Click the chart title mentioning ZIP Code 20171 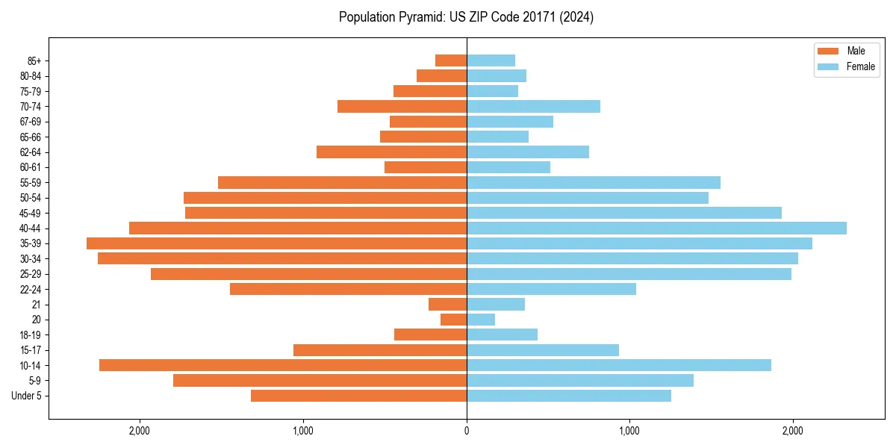pyautogui.click(x=466, y=17)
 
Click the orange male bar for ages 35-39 pyautogui.click(x=276, y=243)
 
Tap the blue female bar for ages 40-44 pyautogui.click(x=656, y=228)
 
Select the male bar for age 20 pyautogui.click(x=453, y=320)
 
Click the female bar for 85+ pyautogui.click(x=491, y=60)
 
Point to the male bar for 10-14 pyautogui.click(x=283, y=365)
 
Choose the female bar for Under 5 pyautogui.click(x=569, y=396)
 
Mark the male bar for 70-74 pyautogui.click(x=402, y=106)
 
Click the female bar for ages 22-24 pyautogui.click(x=551, y=289)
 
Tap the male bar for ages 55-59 pyautogui.click(x=342, y=182)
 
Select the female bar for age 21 pyautogui.click(x=496, y=304)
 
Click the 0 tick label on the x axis pyautogui.click(x=467, y=430)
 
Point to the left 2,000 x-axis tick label pyautogui.click(x=140, y=430)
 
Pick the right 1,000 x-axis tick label pyautogui.click(x=629, y=430)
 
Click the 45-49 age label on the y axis pyautogui.click(x=31, y=213)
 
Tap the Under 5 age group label pyautogui.click(x=27, y=396)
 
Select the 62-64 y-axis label pyautogui.click(x=31, y=152)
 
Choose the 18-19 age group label pyautogui.click(x=31, y=335)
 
